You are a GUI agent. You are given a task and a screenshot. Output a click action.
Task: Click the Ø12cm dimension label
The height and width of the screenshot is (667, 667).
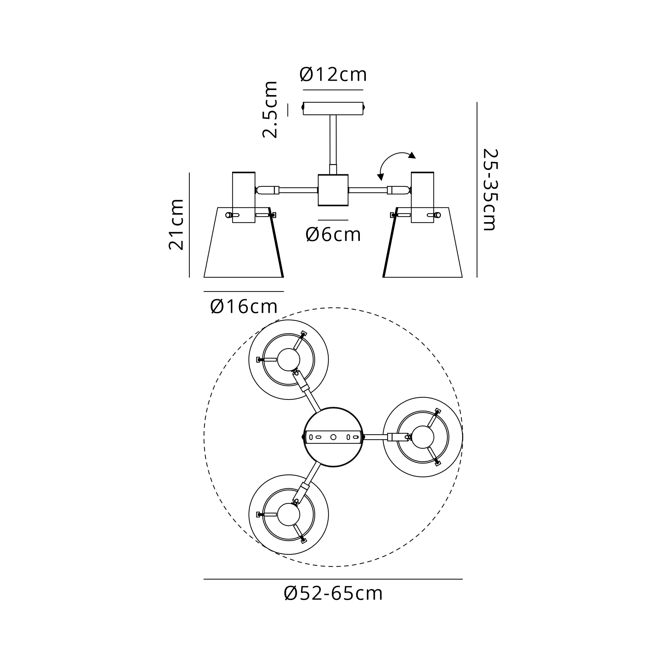pos(333,75)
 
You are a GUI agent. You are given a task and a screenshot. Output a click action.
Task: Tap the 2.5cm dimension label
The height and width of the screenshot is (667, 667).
pos(270,110)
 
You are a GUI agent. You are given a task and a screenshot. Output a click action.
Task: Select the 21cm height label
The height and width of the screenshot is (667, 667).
pos(176,224)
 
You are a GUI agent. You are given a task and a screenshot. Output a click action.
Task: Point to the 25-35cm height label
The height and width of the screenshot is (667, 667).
pos(490,189)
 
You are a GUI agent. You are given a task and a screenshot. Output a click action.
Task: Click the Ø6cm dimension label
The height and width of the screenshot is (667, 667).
pos(333,235)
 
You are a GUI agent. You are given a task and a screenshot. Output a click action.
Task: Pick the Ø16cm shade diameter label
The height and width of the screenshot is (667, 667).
pos(244,306)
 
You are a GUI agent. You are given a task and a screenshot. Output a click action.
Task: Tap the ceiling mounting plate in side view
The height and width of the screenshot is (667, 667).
pos(333,108)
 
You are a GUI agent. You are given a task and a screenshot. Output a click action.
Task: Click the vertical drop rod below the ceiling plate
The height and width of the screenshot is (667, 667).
pos(333,145)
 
